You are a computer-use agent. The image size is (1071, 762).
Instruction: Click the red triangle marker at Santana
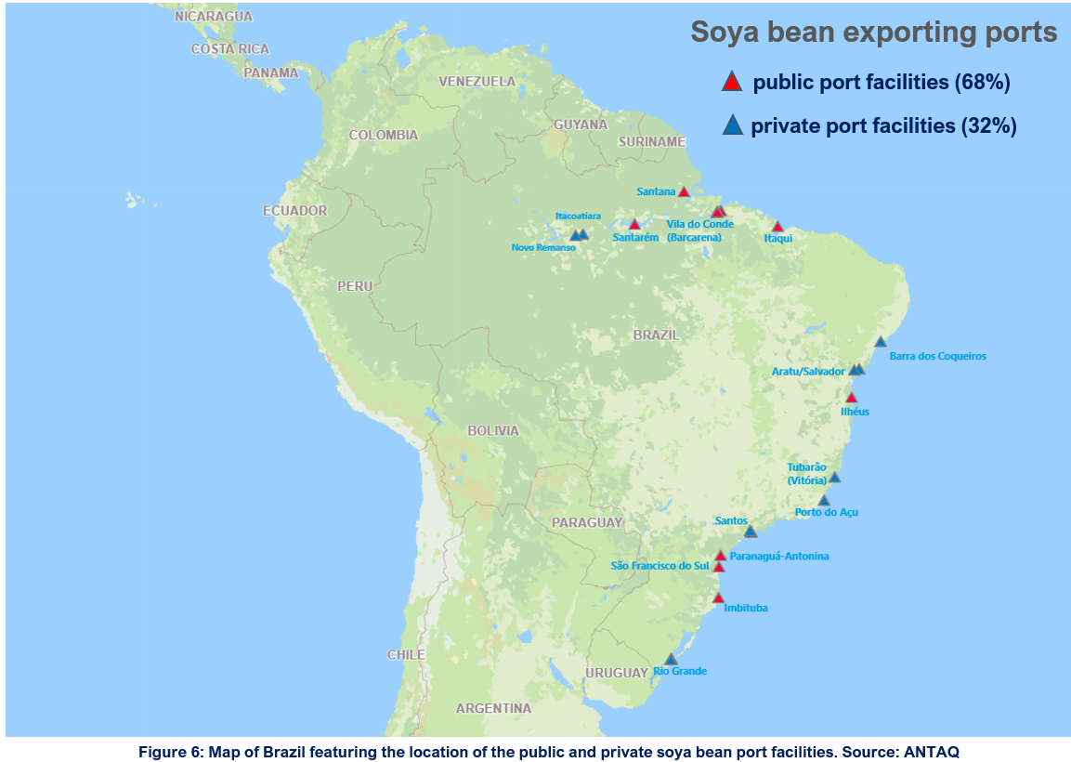point(684,192)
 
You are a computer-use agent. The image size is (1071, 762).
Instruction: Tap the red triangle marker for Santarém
point(634,225)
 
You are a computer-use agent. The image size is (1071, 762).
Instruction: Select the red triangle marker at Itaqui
point(777,227)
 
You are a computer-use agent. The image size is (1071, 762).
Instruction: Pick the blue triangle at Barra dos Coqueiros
point(881,342)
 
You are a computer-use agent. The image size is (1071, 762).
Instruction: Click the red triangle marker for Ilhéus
point(851,398)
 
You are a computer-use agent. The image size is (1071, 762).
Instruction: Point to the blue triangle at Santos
point(751,532)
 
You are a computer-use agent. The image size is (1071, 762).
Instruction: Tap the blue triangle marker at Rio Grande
point(671,659)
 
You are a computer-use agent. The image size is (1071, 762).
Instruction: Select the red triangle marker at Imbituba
point(717,598)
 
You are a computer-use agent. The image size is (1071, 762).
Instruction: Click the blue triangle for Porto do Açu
point(823,500)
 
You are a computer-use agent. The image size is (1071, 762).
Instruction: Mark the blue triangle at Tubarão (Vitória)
point(834,478)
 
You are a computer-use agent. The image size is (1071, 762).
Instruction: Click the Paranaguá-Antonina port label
point(779,556)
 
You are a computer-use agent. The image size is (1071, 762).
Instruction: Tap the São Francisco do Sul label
point(660,566)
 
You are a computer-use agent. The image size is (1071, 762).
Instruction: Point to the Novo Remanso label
point(543,247)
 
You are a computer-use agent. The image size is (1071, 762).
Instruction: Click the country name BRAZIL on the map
point(656,335)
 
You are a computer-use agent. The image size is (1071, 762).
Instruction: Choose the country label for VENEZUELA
point(477,82)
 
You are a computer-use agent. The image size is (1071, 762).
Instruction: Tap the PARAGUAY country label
point(586,522)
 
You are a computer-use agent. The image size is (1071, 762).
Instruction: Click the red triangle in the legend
point(732,82)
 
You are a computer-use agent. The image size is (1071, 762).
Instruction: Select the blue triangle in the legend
point(732,125)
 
